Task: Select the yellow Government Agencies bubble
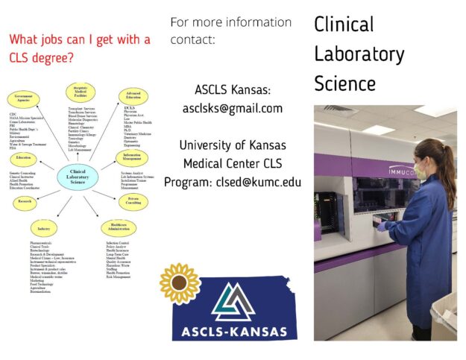tap(24, 98)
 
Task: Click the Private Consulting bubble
tap(134, 201)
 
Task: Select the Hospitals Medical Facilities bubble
tap(80, 90)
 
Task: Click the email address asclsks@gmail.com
tap(233, 109)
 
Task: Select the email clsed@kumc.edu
tap(271, 181)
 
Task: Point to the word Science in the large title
tap(345, 83)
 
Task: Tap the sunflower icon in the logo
tap(180, 283)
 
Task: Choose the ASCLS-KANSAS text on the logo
tap(233, 330)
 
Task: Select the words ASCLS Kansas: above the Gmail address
tap(233, 90)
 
